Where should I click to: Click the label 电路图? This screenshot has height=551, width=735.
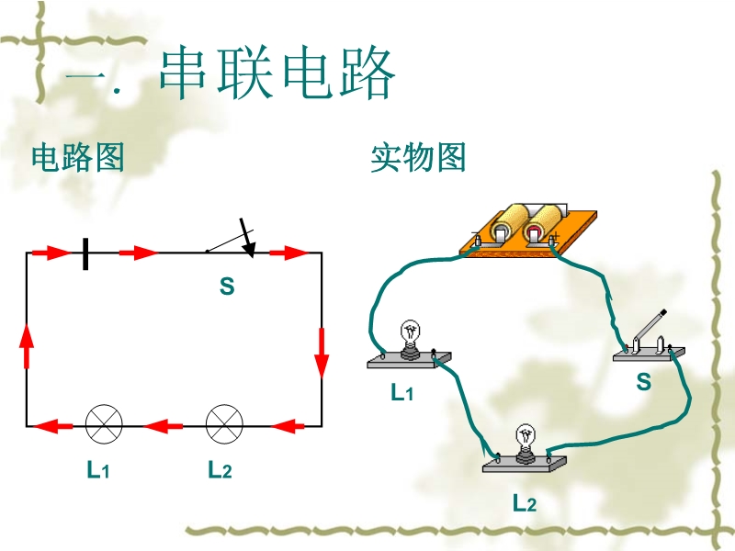click(x=77, y=158)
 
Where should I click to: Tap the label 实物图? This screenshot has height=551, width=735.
click(x=418, y=158)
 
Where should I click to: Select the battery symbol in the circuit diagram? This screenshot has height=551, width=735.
click(x=85, y=253)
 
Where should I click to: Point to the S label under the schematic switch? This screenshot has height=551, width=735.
click(x=227, y=287)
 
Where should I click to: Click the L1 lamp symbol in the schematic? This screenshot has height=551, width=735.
click(x=104, y=424)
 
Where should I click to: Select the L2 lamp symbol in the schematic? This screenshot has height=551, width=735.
click(x=223, y=424)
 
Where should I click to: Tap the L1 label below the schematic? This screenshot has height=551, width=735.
click(x=97, y=470)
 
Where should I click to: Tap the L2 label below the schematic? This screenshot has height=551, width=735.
click(x=219, y=470)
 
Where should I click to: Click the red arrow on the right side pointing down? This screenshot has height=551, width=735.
click(x=322, y=354)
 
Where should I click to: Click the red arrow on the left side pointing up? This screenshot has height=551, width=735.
click(x=27, y=347)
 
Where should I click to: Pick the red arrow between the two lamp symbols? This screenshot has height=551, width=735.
click(x=164, y=425)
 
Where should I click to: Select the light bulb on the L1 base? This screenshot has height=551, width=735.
click(x=410, y=337)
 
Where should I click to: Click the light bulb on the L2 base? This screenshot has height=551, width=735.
click(x=526, y=439)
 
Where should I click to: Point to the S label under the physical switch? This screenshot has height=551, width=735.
click(x=643, y=383)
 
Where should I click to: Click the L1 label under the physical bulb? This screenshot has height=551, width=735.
click(x=402, y=393)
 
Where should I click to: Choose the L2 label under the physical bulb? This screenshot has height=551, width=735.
click(x=524, y=502)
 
